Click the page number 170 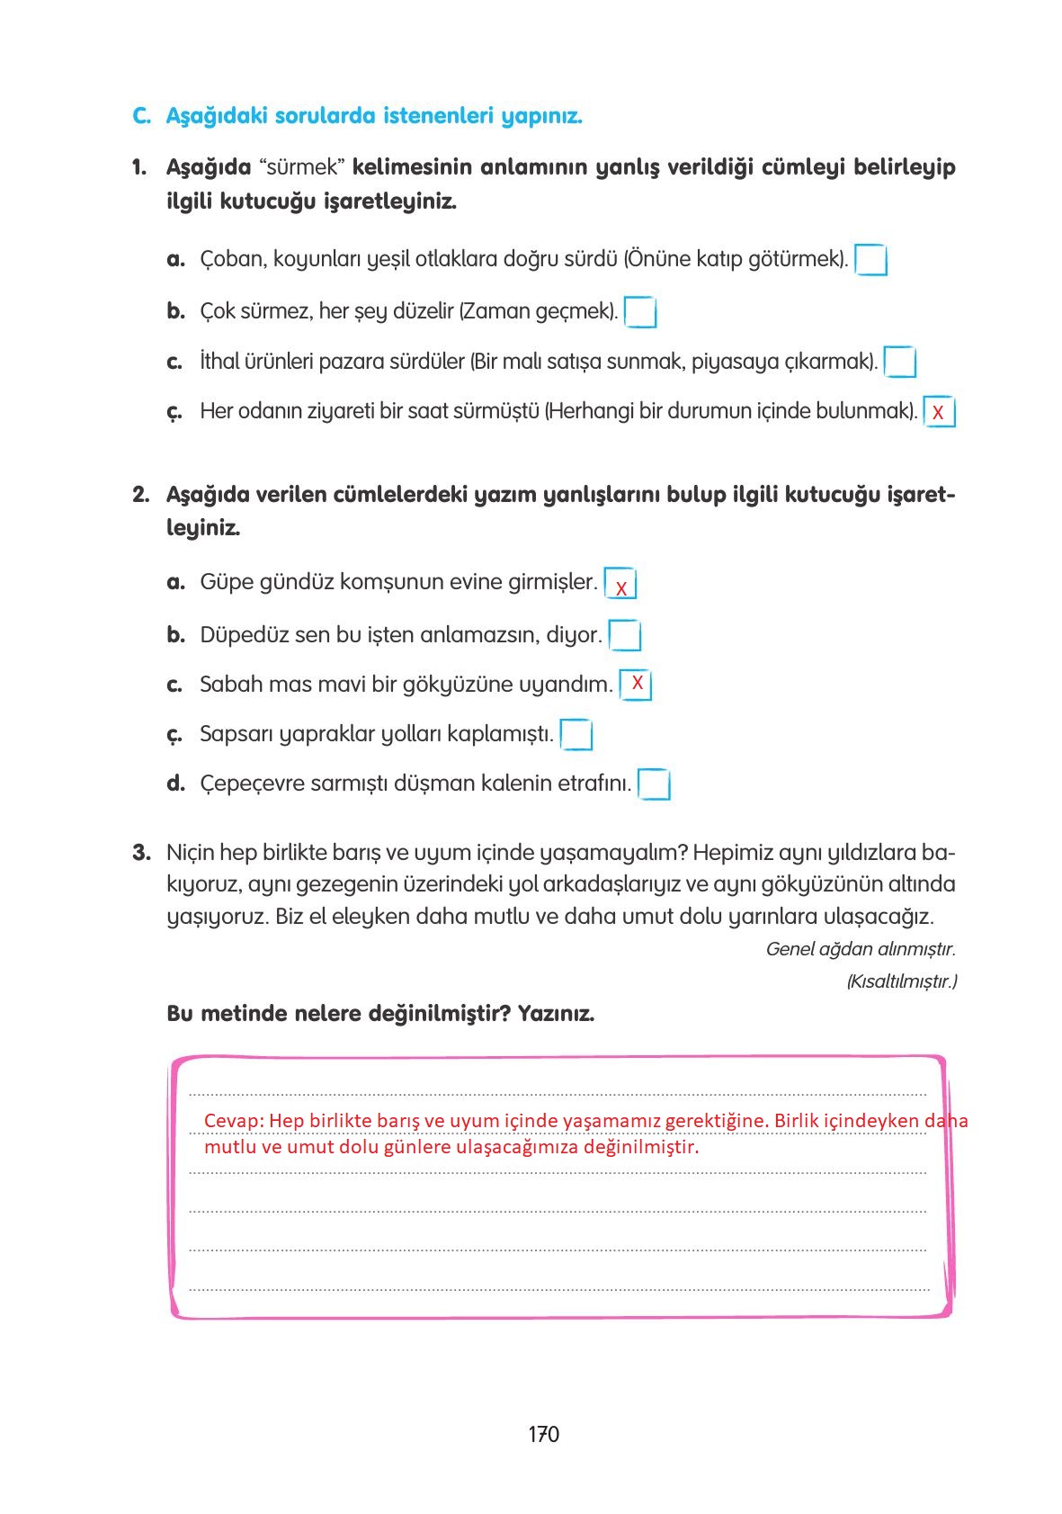[543, 1434]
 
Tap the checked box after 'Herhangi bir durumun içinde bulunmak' [939, 412]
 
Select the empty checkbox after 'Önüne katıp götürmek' [870, 260]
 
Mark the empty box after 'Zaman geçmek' [640, 312]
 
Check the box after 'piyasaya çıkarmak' [900, 363]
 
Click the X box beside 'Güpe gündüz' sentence [620, 585]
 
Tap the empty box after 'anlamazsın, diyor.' [625, 635]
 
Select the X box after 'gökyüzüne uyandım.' [636, 685]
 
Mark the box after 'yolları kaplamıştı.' [576, 735]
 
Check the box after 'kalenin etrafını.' [655, 784]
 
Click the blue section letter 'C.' [141, 117]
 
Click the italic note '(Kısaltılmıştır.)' [901, 981]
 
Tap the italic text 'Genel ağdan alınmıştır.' [860, 949]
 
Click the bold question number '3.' [141, 853]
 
